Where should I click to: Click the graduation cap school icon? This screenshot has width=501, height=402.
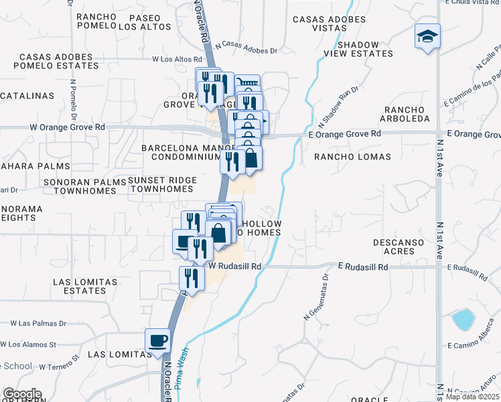427,36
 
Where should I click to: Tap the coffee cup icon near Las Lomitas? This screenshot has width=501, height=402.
158,340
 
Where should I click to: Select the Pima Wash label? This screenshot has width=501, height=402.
186,371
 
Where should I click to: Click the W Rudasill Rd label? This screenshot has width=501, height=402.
234,265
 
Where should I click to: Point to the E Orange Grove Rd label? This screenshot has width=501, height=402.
345,134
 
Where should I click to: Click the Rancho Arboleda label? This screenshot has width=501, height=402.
406,114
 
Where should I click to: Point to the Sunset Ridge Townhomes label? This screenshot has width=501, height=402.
162,185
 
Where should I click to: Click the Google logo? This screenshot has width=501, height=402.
22,394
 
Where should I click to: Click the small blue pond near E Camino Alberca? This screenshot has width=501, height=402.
463,320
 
